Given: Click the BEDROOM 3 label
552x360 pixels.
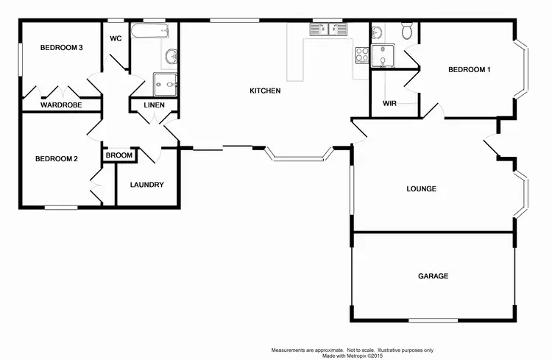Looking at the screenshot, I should (60, 48).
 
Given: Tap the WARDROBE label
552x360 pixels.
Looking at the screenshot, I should (60, 105).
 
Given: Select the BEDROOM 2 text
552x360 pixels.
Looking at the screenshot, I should (56, 158).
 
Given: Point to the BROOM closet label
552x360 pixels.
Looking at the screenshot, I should (119, 155).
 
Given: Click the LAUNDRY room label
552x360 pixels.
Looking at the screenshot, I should (146, 185).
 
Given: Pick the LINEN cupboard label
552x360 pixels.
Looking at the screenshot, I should (154, 105).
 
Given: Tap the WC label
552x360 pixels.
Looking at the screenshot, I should (116, 38).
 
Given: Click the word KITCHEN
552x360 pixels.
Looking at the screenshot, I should (265, 91).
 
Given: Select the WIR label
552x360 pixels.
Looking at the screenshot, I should (389, 103).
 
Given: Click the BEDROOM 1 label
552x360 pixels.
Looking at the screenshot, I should (470, 70).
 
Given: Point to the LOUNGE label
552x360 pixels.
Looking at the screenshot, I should (422, 188).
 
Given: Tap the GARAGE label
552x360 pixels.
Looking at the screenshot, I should (433, 276).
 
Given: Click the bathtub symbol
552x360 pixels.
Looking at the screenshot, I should (150, 32).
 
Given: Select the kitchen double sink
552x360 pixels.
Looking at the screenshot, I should (328, 29).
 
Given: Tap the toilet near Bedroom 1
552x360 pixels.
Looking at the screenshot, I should (407, 30).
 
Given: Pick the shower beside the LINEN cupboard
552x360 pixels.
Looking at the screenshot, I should (164, 84).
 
